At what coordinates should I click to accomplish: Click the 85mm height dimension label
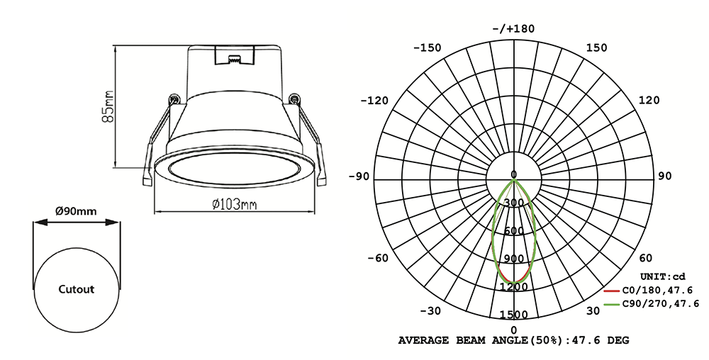[108, 106]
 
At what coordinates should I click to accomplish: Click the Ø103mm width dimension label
[235, 205]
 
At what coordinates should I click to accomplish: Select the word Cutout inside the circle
[76, 289]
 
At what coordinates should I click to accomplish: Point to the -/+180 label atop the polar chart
[513, 28]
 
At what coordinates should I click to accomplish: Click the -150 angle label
[426, 48]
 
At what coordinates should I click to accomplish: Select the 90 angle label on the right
[664, 176]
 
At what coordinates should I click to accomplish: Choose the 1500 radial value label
[514, 314]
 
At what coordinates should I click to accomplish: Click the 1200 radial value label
[514, 287]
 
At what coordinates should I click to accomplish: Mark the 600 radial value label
[514, 231]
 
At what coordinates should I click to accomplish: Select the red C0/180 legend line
[613, 290]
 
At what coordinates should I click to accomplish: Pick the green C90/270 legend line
[613, 304]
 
